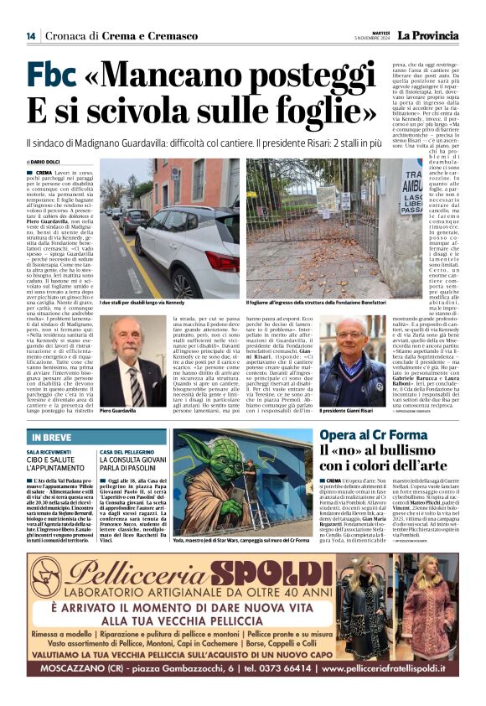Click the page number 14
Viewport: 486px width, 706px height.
[x=30, y=35]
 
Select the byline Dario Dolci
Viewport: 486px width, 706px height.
[x=47, y=162]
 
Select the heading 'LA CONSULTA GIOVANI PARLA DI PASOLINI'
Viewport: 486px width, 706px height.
[x=134, y=461]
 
